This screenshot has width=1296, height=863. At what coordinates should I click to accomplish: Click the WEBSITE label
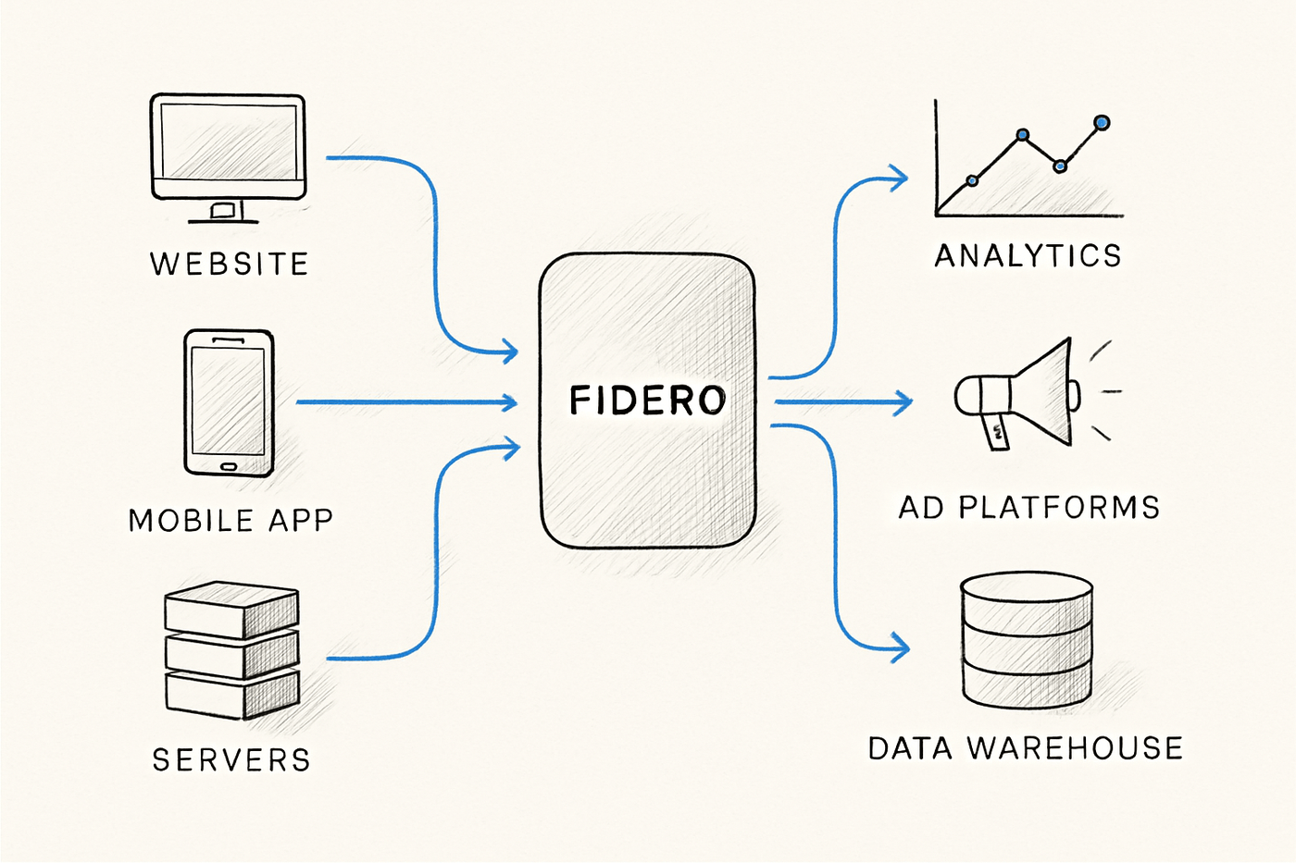pyautogui.click(x=229, y=265)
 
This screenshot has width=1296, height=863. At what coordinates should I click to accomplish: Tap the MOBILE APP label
pyautogui.click(x=231, y=521)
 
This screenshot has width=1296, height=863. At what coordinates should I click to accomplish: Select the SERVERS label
pyautogui.click(x=231, y=760)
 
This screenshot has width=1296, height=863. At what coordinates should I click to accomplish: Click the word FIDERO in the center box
pyautogui.click(x=647, y=401)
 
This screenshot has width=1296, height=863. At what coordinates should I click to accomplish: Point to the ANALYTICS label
pyautogui.click(x=1028, y=256)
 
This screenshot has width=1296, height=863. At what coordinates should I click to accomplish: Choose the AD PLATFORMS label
pyautogui.click(x=1029, y=508)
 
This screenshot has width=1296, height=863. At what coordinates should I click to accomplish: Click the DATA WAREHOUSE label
pyautogui.click(x=1026, y=748)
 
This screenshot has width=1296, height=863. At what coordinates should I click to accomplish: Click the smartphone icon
pyautogui.click(x=229, y=402)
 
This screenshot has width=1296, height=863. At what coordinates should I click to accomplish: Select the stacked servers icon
pyautogui.click(x=231, y=649)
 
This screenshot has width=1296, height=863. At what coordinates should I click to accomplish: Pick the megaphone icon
pyautogui.click(x=1018, y=393)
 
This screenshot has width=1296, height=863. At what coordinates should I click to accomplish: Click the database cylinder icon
pyautogui.click(x=1027, y=640)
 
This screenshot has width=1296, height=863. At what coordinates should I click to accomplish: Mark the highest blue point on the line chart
pyautogui.click(x=1102, y=122)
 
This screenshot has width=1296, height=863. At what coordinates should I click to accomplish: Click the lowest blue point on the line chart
pyautogui.click(x=972, y=180)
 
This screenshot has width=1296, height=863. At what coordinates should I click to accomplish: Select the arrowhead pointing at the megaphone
pyautogui.click(x=903, y=401)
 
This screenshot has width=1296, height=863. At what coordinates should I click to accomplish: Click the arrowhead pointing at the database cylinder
pyautogui.click(x=900, y=647)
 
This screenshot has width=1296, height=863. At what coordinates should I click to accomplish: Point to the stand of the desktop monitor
pyautogui.click(x=222, y=212)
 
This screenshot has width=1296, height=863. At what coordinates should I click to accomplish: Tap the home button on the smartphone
pyautogui.click(x=229, y=465)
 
